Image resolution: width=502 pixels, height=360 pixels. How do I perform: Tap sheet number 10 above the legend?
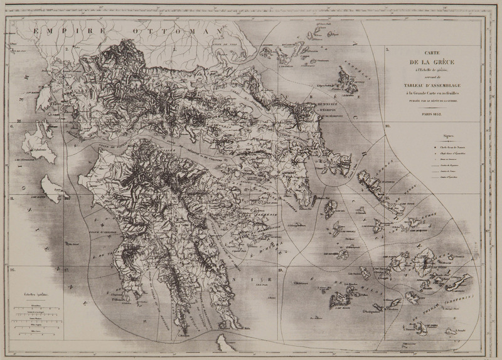[x=388, y=127]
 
